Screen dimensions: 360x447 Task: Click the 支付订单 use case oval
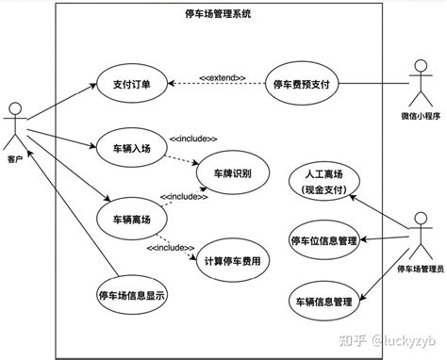133,84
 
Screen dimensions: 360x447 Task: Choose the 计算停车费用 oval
231,261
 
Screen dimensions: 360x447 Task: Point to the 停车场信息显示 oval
132,294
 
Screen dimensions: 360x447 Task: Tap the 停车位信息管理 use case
323,240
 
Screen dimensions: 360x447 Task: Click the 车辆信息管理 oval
322,301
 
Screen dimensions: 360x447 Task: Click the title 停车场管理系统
220,15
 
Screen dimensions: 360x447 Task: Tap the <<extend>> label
223,77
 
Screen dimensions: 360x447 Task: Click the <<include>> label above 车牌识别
193,138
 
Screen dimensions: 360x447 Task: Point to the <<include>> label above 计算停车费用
169,248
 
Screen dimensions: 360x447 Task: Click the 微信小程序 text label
421,117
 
